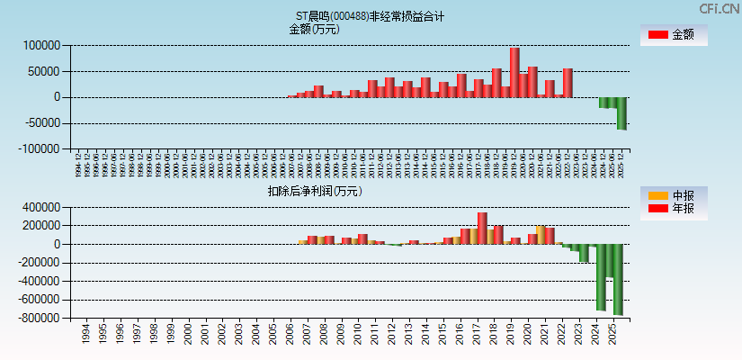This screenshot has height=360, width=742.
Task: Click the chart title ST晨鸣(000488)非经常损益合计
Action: pos(370,16)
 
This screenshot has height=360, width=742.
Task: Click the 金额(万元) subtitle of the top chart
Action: pos(314,29)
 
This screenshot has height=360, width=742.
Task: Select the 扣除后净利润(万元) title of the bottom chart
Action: pos(314,191)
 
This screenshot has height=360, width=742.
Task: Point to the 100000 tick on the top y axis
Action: pos(41,46)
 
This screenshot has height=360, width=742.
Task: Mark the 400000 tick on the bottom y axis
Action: pos(41,207)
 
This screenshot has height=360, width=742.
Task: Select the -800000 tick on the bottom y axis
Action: pos(40,318)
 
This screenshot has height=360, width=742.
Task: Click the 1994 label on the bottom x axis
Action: pos(85,335)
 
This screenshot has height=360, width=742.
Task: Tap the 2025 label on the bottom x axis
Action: pos(613,335)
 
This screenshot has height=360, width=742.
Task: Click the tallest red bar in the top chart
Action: pos(514,72)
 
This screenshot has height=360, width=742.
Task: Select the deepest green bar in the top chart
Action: pos(621,113)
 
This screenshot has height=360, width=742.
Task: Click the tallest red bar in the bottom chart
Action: pos(482,228)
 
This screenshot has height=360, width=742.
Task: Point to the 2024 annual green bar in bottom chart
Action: pos(600,277)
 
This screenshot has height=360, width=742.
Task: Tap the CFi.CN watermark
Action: pos(720,9)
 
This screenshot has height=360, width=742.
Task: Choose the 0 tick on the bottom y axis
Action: pos(56,244)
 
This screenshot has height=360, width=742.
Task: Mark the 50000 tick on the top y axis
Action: pos(44,71)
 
